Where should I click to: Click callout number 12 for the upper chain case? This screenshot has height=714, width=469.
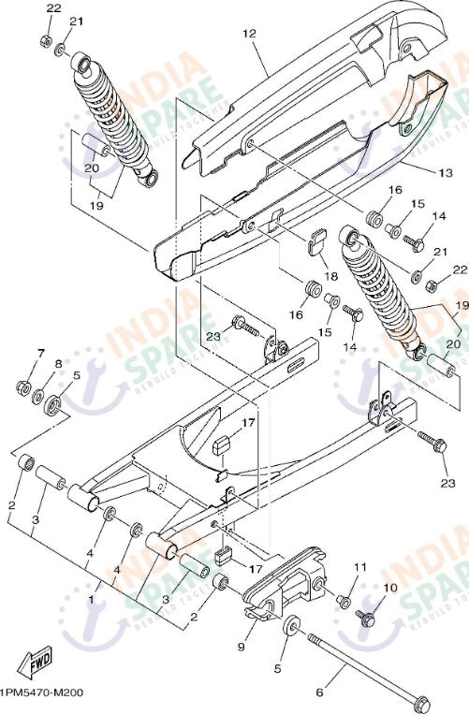tap(249, 34)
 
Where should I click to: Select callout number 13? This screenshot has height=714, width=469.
tap(446, 173)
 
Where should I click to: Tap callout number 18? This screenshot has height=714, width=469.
tap(331, 276)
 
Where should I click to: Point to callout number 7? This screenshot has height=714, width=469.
tap(41, 353)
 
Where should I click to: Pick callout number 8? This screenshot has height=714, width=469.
tap(58, 364)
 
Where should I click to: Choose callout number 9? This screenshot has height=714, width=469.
tap(241, 647)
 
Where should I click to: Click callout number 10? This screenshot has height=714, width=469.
tap(390, 588)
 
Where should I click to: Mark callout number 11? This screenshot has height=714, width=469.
tap(360, 567)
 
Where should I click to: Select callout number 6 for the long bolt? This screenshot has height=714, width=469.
tap(319, 692)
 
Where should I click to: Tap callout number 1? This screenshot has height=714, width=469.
tap(91, 599)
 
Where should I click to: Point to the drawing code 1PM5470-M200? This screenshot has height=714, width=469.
tap(41, 693)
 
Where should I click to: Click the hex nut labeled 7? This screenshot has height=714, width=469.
tap(22, 387)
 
